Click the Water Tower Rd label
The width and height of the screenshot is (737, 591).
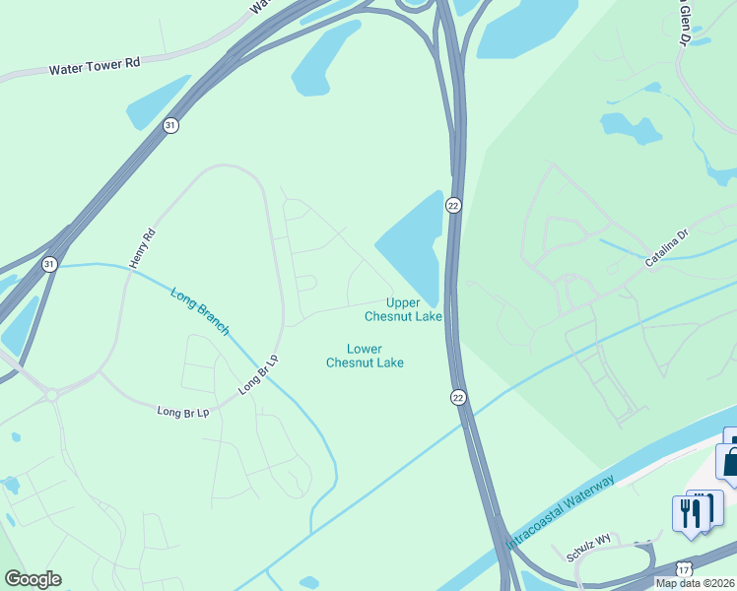pos(95,65)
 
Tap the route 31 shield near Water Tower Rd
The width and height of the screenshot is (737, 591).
pos(170,125)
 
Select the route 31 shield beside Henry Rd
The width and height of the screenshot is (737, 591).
pos(49,264)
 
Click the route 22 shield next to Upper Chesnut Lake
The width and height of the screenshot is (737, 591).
pos(453,205)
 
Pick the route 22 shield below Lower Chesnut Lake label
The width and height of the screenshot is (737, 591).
pos(458,397)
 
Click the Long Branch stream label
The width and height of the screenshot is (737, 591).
pos(200,311)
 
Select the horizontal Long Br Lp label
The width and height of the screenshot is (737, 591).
pos(183,412)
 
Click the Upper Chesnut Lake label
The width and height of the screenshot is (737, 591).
pos(403,309)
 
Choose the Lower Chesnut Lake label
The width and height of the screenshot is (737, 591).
pos(365,356)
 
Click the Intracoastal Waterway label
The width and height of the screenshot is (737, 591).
pos(561,512)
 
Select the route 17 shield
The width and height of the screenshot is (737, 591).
pos(684,569)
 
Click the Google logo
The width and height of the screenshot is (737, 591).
pos(33,579)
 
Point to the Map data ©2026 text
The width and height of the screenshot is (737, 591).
pos(695,583)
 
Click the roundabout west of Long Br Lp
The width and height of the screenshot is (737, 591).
pos(51,393)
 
